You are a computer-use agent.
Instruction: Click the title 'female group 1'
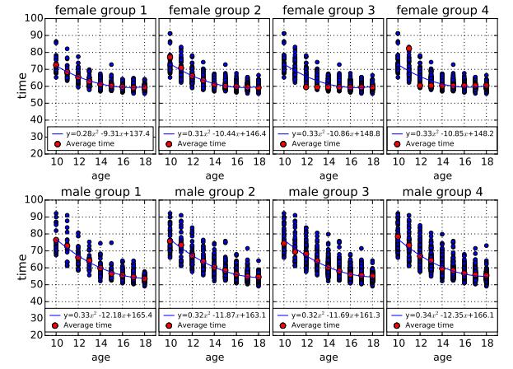pos(100,9)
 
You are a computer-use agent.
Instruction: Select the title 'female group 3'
pos(329,9)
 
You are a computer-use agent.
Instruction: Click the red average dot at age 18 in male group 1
pos(144,278)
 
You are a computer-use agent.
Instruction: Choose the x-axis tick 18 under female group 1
pos(144,161)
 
